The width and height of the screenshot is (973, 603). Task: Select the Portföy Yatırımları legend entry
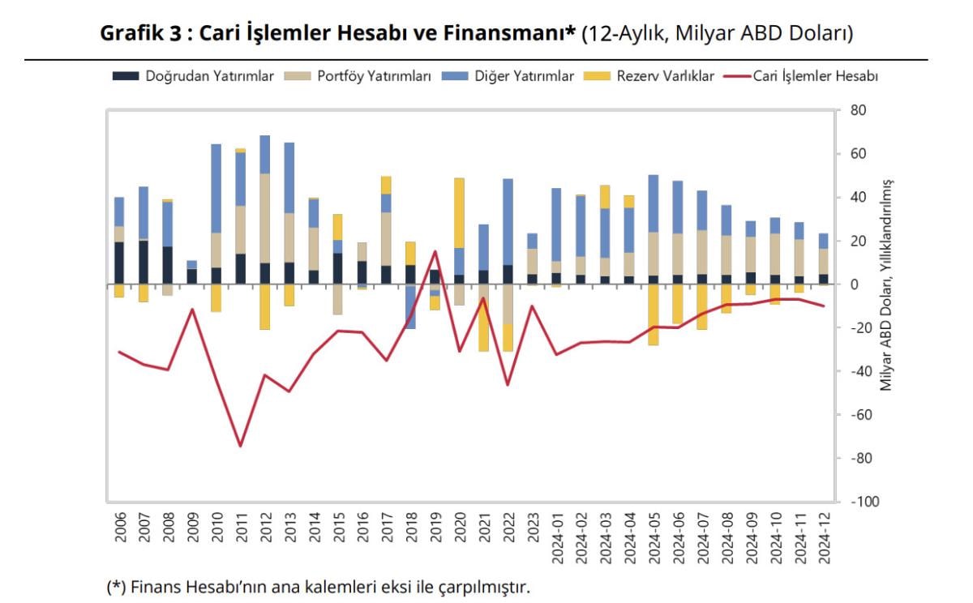click(358, 76)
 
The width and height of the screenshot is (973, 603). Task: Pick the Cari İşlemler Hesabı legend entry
click(803, 76)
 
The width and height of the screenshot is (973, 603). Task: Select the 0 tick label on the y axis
click(853, 284)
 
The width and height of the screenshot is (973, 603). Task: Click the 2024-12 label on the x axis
click(824, 540)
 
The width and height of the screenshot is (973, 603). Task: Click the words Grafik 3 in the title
click(133, 33)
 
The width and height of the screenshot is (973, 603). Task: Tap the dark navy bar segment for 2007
click(144, 262)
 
